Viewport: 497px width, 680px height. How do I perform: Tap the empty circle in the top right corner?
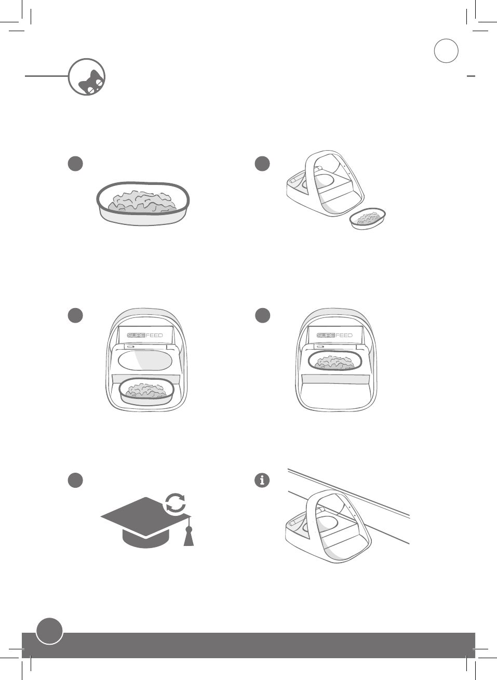click(x=446, y=51)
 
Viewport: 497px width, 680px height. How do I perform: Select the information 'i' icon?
click(x=262, y=480)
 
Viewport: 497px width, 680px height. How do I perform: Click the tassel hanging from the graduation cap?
click(x=189, y=537)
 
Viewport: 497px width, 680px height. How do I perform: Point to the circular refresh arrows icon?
click(x=176, y=503)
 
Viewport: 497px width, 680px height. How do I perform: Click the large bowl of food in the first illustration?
click(x=143, y=203)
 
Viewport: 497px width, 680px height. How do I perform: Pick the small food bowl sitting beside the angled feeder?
click(x=368, y=219)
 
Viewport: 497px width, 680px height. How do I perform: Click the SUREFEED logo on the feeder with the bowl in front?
click(x=145, y=335)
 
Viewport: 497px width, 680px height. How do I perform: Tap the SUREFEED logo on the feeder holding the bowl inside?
click(x=334, y=335)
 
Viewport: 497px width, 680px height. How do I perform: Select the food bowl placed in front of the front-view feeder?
click(x=146, y=392)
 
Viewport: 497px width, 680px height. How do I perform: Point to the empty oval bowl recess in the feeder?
click(x=145, y=361)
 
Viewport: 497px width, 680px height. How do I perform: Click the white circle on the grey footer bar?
click(x=49, y=631)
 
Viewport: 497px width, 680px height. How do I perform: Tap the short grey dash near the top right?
click(x=471, y=76)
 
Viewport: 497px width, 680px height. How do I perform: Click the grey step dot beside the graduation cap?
click(x=75, y=480)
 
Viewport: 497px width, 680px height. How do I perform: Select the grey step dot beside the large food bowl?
click(x=75, y=164)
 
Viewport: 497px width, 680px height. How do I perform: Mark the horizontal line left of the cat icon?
click(x=46, y=76)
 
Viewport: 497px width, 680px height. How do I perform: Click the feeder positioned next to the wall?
click(x=328, y=527)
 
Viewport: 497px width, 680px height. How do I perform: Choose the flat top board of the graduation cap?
click(x=145, y=516)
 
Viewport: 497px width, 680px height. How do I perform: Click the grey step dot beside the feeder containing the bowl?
click(x=262, y=316)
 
